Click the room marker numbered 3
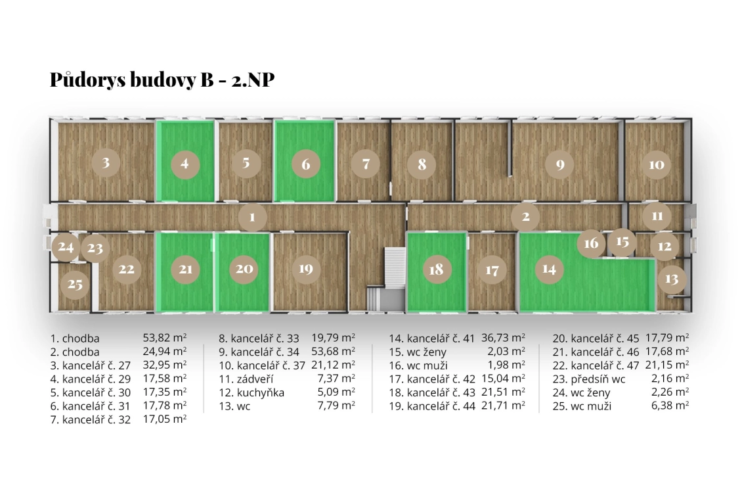click(x=106, y=162)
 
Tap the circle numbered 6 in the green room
click(x=305, y=164)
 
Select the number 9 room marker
click(x=559, y=164)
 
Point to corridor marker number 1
click(x=252, y=216)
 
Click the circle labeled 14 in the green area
click(x=549, y=268)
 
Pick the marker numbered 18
click(x=436, y=269)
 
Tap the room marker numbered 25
click(x=75, y=285)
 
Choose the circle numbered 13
click(x=671, y=279)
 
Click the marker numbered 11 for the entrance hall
click(x=657, y=216)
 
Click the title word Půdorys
click(x=90, y=80)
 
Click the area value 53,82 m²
click(x=164, y=339)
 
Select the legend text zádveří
click(x=253, y=379)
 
